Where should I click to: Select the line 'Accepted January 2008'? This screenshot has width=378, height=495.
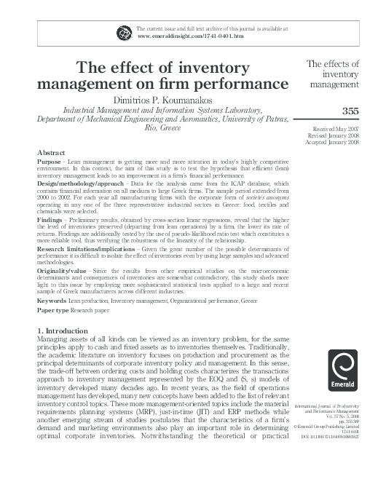[339, 143]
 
